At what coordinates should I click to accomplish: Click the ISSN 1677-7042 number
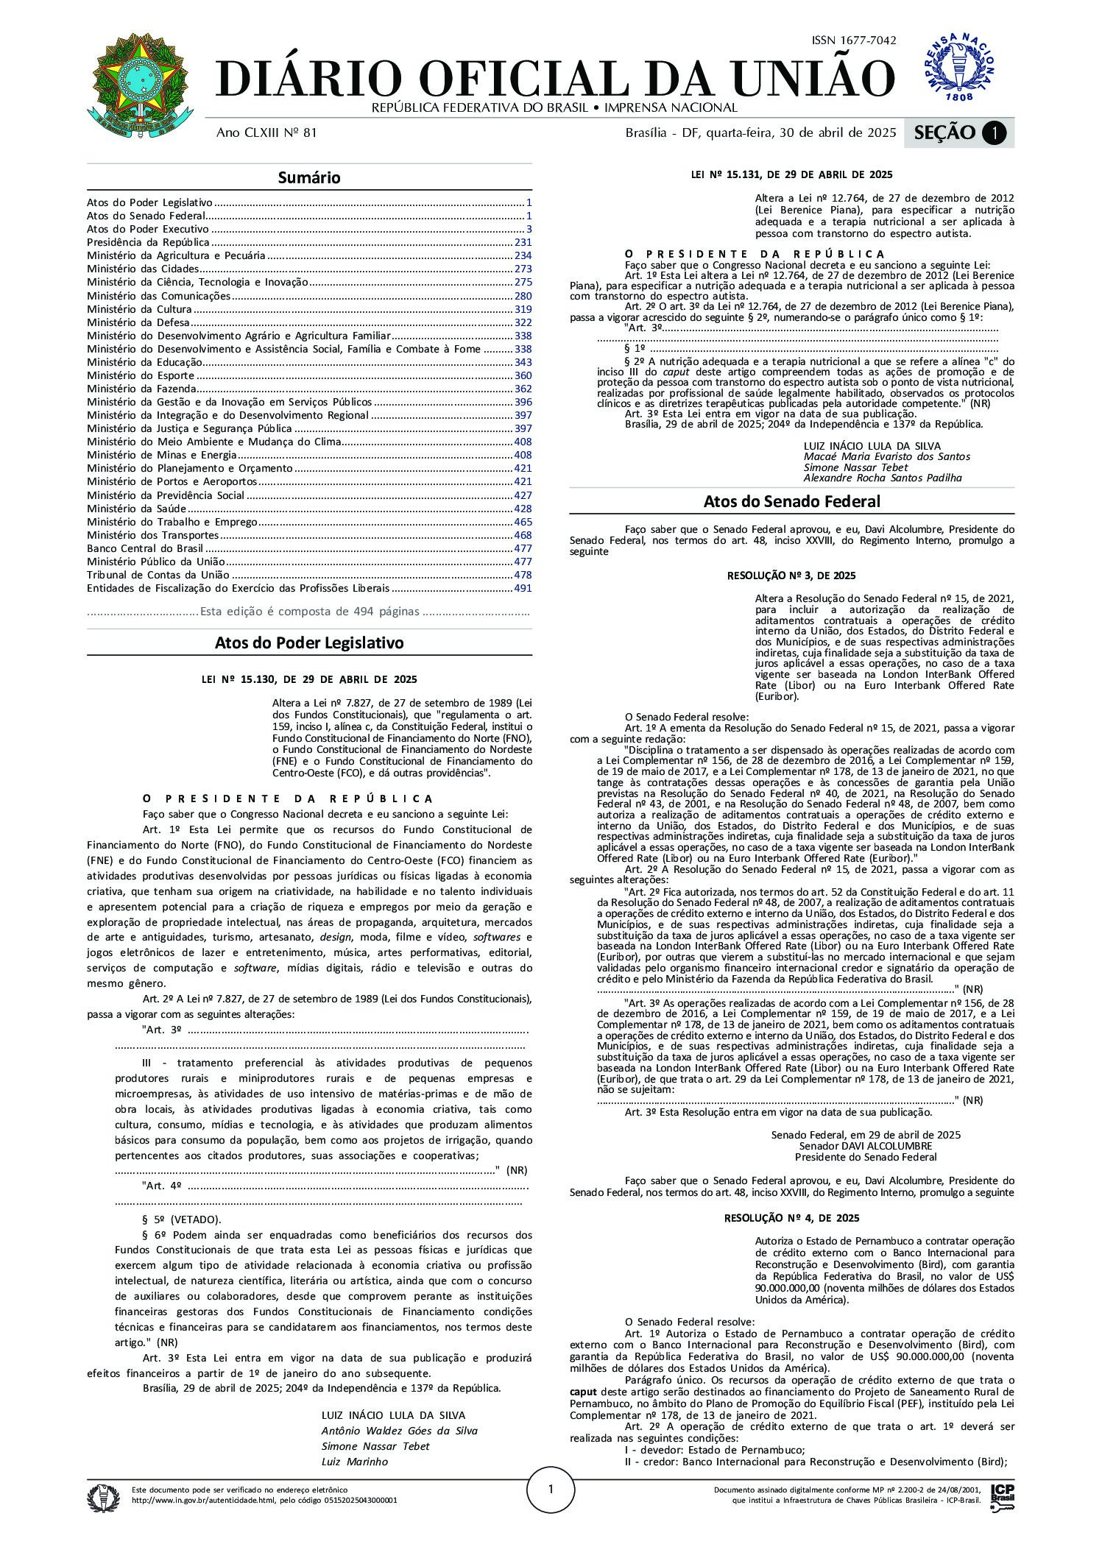click(x=853, y=40)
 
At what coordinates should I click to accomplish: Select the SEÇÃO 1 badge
click(x=958, y=133)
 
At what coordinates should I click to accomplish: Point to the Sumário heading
click(x=309, y=177)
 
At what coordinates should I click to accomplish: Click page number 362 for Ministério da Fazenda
click(x=523, y=389)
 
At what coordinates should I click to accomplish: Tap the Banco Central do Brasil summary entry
click(x=146, y=548)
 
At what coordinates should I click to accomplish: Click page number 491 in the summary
click(x=523, y=588)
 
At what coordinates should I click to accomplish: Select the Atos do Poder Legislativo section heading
click(x=309, y=642)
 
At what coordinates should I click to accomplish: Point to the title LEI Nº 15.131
click(x=791, y=175)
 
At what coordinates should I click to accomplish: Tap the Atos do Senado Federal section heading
click(x=791, y=501)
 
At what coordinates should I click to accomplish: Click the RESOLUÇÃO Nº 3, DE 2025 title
click(x=791, y=576)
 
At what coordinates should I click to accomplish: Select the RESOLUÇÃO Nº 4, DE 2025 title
click(x=791, y=1218)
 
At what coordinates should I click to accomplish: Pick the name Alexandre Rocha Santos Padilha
click(x=883, y=478)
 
